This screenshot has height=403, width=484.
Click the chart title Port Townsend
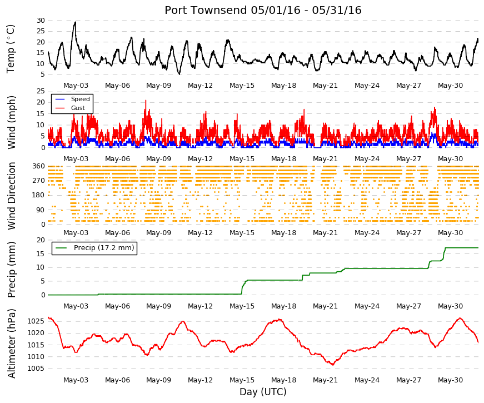coord(206,10)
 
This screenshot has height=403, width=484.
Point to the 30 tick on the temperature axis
coord(41,21)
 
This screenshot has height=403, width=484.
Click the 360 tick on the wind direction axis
coord(39,166)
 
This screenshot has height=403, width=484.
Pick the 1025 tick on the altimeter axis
coord(36,321)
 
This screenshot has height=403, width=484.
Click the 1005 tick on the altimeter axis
coord(36,369)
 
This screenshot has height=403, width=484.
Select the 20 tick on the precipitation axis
coord(41,240)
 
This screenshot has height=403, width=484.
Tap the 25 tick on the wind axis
coord(41,91)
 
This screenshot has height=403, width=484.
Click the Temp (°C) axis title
coord(11,49)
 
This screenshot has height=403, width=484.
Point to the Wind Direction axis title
coord(12,196)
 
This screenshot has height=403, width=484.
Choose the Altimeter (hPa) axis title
coord(12,344)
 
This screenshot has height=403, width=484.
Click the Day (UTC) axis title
coord(263,392)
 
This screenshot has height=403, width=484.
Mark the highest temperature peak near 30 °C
coord(75,22)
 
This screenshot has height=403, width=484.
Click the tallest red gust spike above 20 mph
coord(146,101)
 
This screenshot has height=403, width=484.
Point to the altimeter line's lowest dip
coord(333,365)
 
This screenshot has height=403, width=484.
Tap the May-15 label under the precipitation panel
coord(242,306)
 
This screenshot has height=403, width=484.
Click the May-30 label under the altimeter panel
coord(450,380)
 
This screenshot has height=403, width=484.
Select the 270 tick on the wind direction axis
coord(39,181)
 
